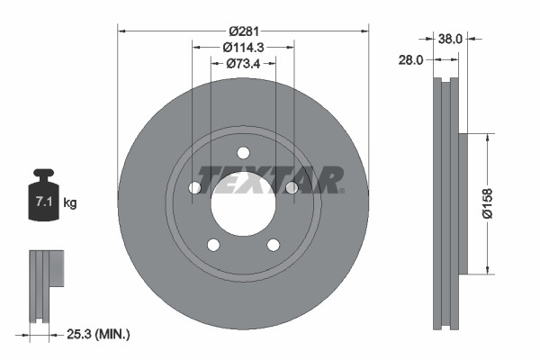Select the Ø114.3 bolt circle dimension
click(243, 47)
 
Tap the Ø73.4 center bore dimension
click(243, 63)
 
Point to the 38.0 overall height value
click(450, 39)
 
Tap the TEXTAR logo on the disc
click(270, 179)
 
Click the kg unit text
click(70, 203)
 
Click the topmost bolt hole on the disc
click(243, 154)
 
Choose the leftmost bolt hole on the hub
click(194, 188)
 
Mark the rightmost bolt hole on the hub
click(292, 187)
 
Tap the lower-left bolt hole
click(213, 245)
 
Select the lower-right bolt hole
click(273, 245)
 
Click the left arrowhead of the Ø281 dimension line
click(122, 31)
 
